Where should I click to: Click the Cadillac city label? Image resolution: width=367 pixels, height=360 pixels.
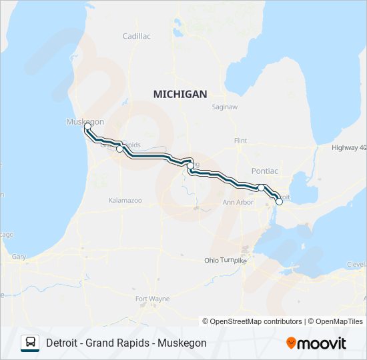click(x=137, y=35)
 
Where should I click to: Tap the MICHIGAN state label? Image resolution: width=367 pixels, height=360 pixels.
click(x=180, y=94)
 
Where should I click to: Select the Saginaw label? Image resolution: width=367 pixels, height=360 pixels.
click(x=224, y=106)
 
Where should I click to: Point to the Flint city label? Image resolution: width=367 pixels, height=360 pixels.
click(x=240, y=141)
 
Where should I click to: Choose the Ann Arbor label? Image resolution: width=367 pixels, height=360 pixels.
click(x=238, y=202)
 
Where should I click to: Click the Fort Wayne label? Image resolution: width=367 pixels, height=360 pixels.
click(x=152, y=298)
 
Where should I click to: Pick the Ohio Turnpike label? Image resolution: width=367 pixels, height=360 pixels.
click(x=225, y=260)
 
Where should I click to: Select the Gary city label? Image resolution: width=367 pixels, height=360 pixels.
click(x=18, y=257)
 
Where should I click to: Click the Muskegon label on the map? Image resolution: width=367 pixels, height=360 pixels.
click(x=85, y=121)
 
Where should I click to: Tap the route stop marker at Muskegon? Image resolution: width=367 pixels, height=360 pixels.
click(x=87, y=126)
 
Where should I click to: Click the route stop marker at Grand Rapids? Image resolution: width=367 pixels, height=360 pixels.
click(x=120, y=149)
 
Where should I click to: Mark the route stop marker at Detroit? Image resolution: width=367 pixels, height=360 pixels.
click(x=279, y=201)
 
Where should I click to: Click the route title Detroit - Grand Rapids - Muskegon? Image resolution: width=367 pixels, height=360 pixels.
click(x=126, y=343)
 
